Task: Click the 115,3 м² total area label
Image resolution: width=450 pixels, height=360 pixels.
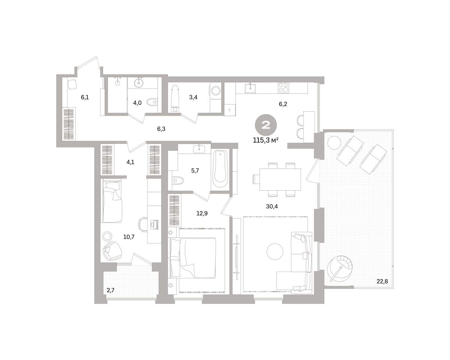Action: pos(265,140)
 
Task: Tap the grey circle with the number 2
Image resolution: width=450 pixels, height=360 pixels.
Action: pos(265,125)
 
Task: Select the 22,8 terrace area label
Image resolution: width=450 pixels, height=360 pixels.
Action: pos(382,281)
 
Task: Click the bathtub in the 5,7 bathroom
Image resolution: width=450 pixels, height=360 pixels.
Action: pos(220,170)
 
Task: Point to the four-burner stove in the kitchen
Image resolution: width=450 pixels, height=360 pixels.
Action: pos(283,88)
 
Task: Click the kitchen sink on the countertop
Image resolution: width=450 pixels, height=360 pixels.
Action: pos(250,88)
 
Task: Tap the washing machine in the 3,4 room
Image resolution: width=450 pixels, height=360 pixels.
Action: pos(216,91)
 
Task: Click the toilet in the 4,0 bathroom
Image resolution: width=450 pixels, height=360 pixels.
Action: pos(152,102)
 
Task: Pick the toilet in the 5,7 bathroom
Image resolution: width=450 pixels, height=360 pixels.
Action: pos(178,180)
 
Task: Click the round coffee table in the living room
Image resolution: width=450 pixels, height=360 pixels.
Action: pos(275,252)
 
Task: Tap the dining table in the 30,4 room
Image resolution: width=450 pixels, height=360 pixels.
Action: pos(280,179)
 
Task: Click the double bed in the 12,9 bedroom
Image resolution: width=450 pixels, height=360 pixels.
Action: pos(193,258)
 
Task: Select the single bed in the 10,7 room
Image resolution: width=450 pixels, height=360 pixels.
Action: pos(111,201)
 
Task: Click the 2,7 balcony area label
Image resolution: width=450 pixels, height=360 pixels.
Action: pos(110,290)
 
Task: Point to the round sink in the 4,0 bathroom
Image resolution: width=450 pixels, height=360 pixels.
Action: pos(139,82)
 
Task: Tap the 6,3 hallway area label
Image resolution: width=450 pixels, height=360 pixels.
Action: pos(161,129)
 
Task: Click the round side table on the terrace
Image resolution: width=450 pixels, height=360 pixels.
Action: pos(334,142)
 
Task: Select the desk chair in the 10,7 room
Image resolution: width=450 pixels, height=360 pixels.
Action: pos(142,224)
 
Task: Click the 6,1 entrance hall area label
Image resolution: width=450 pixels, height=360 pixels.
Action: pos(85,97)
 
